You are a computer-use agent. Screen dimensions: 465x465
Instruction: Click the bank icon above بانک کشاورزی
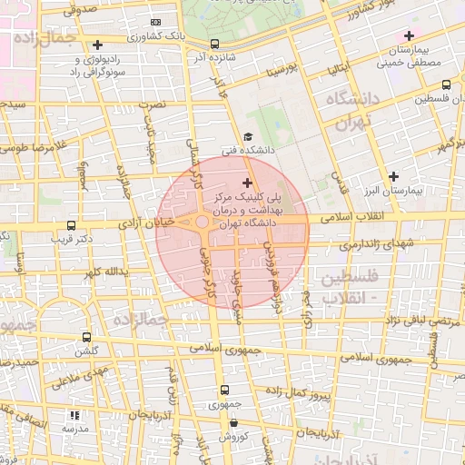[x=155, y=21]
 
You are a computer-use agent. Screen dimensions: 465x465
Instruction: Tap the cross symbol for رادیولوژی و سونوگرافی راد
[x=98, y=45]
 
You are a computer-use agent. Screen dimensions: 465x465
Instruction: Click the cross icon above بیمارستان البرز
[x=393, y=176]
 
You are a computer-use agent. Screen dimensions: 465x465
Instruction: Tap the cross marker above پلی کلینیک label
[x=247, y=183]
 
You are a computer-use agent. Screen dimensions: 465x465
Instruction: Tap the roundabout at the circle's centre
[x=202, y=223]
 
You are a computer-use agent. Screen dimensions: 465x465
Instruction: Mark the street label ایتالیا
[x=336, y=69]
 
